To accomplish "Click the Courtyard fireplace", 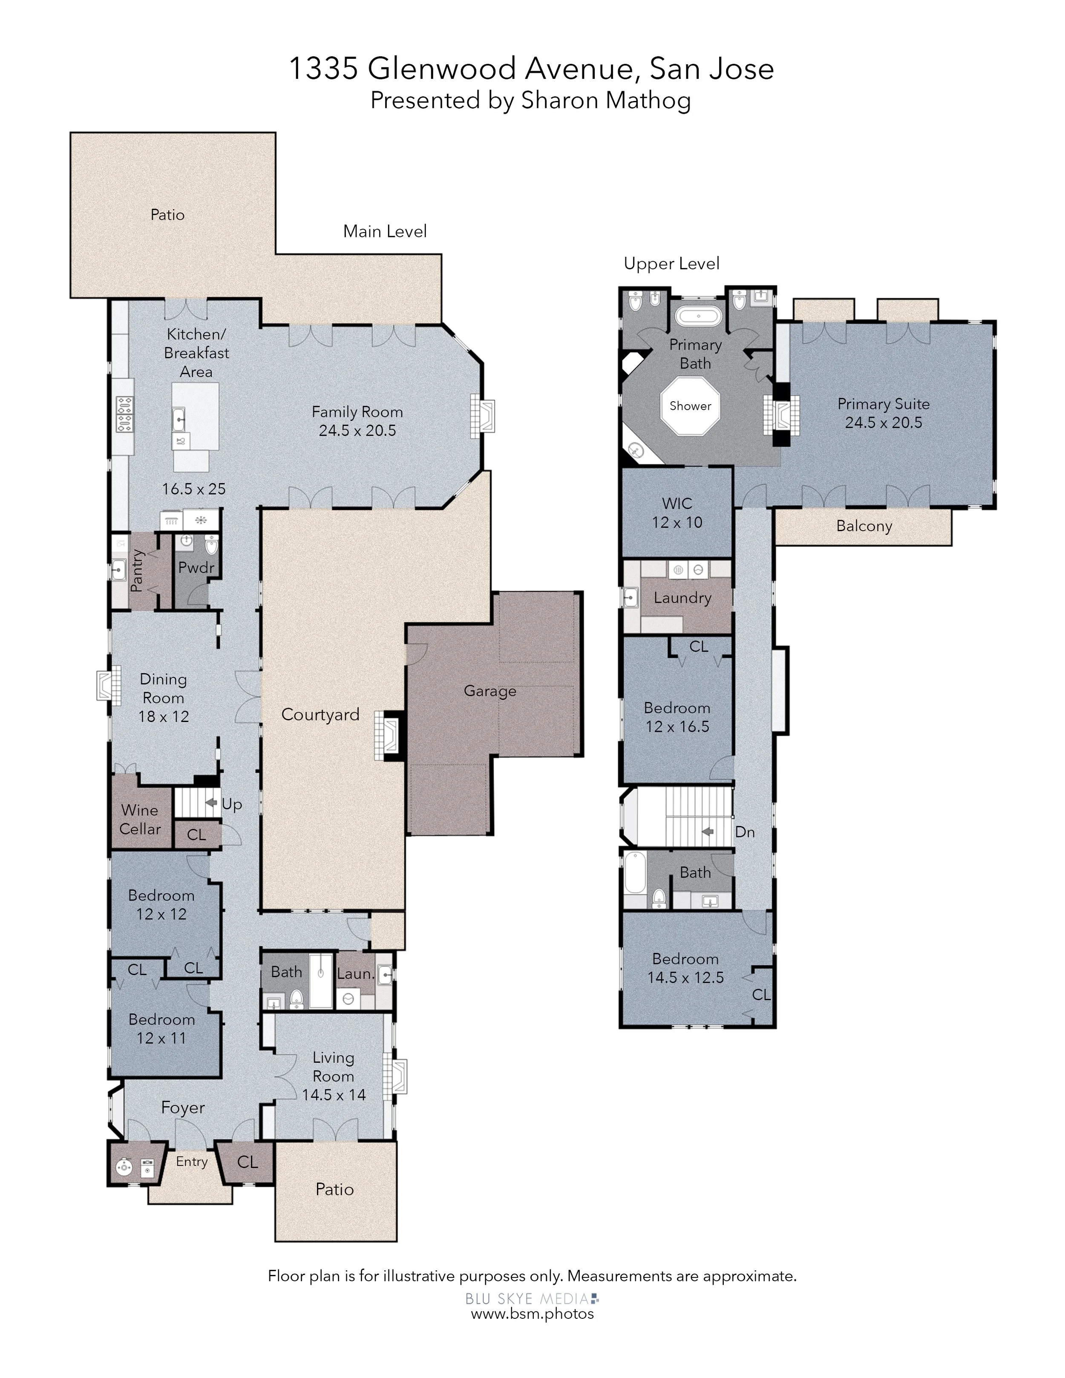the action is (x=388, y=735).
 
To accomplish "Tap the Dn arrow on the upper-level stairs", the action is (x=707, y=831).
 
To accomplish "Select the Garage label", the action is (x=490, y=691).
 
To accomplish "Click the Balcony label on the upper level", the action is (x=864, y=526).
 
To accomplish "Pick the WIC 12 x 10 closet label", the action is (x=677, y=513).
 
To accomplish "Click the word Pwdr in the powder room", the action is (x=196, y=567).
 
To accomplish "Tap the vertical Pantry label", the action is (x=137, y=570).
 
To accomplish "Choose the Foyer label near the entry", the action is (x=183, y=1108).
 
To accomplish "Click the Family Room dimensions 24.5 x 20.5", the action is (x=357, y=430).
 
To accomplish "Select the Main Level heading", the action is (x=385, y=232).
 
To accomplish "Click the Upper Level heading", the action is (x=671, y=264).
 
